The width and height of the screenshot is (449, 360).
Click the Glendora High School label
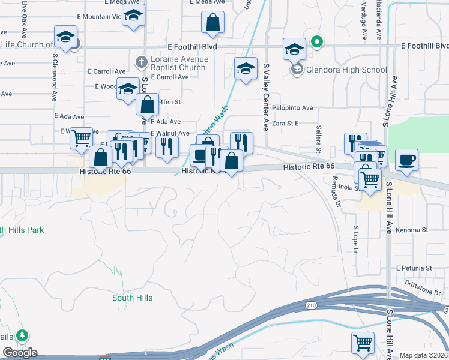tap(346, 70)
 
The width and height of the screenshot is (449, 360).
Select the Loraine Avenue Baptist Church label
tap(179, 63)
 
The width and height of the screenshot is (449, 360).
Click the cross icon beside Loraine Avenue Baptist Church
tap(141, 61)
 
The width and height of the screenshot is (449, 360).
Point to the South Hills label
tap(132, 298)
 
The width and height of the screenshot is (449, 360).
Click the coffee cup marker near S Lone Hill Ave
tap(406, 160)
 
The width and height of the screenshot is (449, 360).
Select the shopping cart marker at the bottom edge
tap(363, 343)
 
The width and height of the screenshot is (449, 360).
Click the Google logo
tap(20, 353)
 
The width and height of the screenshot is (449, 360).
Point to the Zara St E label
tap(286, 123)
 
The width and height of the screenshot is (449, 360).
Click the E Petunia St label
tap(414, 268)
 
